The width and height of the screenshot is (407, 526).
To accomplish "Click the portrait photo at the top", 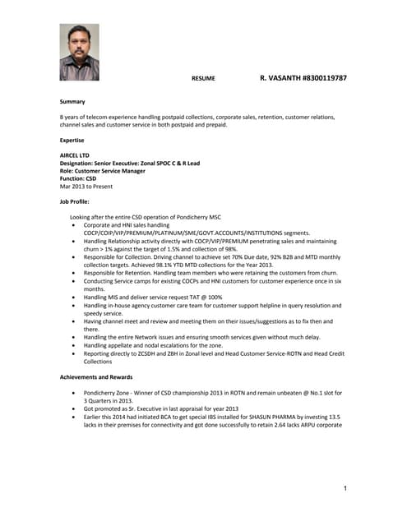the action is coord(79,53).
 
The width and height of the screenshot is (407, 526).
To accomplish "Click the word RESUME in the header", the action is coord(203,78).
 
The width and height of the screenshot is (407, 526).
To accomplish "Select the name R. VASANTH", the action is coord(280,77).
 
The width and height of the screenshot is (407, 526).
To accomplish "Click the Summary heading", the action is coord(72,101).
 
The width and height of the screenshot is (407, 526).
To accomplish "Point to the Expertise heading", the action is coord(74,140).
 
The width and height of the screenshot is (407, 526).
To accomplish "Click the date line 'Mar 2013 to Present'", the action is coord(86,187).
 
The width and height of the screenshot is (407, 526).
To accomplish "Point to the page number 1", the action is coord(346,490).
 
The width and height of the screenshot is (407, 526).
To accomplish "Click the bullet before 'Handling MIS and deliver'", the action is coord(75,297).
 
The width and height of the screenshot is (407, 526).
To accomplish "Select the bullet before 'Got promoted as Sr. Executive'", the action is coord(75,408).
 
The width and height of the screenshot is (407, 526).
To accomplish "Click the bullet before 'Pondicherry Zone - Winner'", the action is coord(75,393).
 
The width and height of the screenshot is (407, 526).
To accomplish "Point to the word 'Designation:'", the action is coord(77,163).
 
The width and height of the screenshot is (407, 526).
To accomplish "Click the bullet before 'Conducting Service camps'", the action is coord(75,281).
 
